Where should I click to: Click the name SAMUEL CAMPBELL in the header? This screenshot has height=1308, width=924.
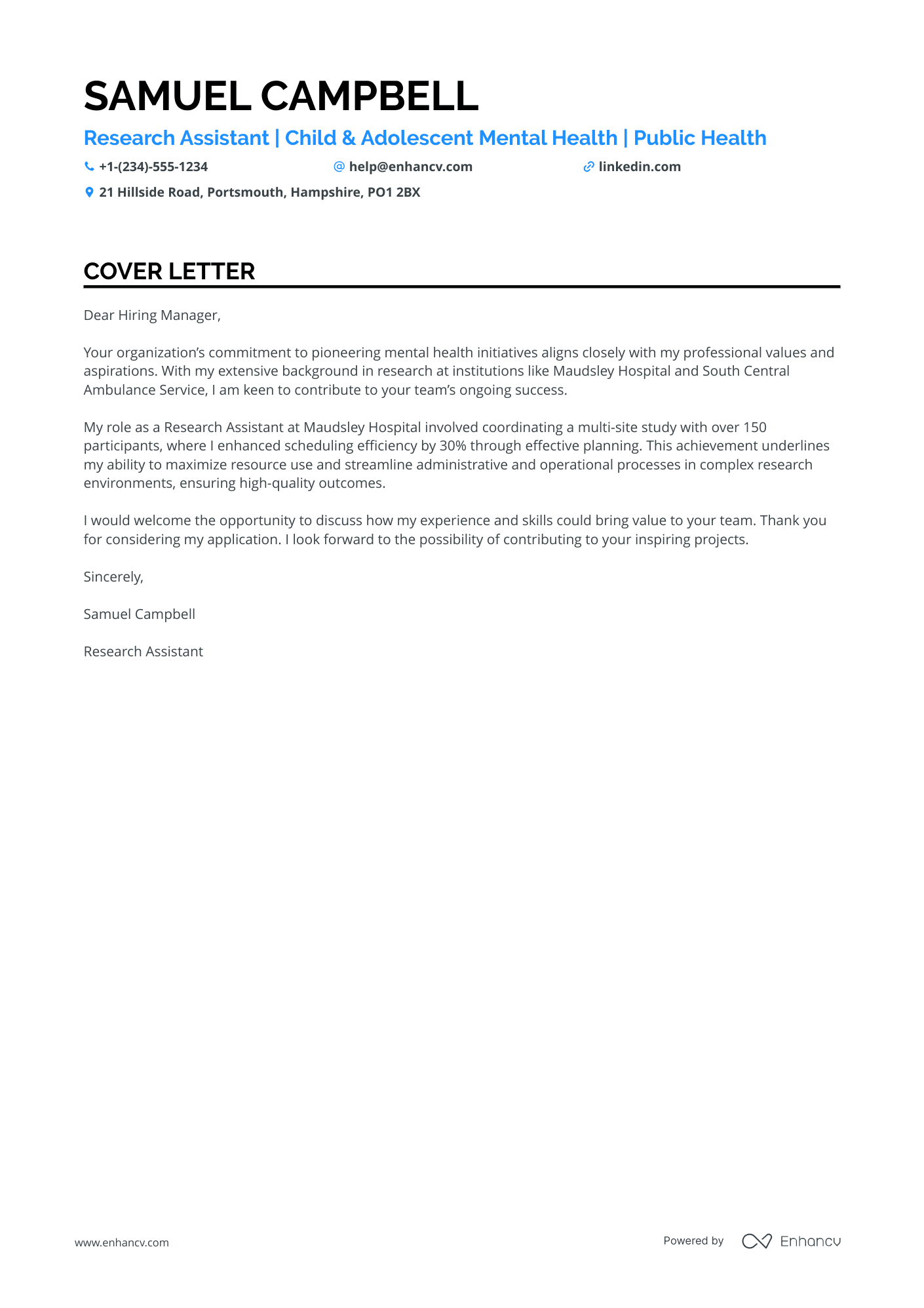tap(281, 96)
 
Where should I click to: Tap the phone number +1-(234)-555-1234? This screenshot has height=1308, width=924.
tap(153, 167)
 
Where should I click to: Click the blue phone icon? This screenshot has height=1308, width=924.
tap(89, 167)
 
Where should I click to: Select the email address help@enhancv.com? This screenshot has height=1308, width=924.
tap(411, 167)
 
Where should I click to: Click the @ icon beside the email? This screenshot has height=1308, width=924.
tap(339, 167)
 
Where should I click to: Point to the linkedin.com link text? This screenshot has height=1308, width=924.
tap(640, 167)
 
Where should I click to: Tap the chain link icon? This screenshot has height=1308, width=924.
tap(588, 167)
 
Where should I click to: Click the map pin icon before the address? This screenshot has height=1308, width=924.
tap(89, 192)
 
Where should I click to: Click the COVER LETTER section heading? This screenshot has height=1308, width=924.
tap(169, 271)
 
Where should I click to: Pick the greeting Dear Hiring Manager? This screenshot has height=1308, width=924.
tap(152, 315)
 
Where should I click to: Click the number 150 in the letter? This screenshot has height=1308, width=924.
tap(755, 427)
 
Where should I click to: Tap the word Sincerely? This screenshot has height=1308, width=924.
tap(113, 577)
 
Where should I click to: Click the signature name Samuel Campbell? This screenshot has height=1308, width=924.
tap(140, 614)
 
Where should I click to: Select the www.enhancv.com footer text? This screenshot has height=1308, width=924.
tap(122, 1242)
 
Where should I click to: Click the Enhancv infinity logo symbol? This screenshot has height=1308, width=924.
tap(757, 1241)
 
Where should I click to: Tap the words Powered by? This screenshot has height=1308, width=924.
tap(693, 1240)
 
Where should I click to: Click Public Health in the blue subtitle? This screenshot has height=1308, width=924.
tap(700, 138)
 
